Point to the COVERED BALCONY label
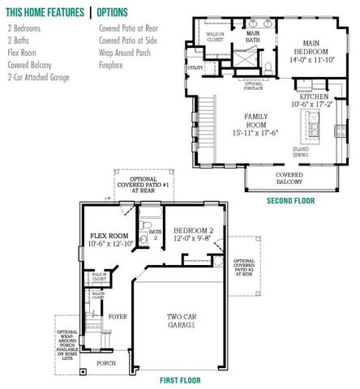[289, 178]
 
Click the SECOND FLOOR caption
[289, 200]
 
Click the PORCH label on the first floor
[106, 364]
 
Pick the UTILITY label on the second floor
[195, 68]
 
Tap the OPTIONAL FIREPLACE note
[255, 85]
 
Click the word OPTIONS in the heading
[123, 12]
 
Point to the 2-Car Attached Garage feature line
[38, 77]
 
